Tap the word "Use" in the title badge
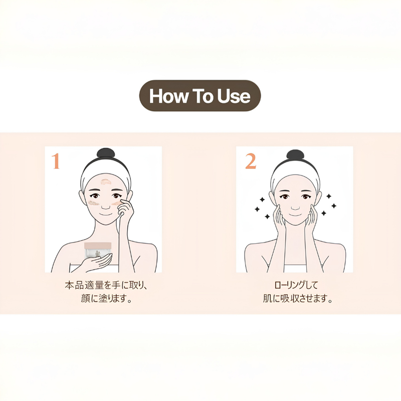coord(234,96)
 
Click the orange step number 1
coord(56,161)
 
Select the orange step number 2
coord(250,161)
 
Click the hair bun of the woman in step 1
coord(106,154)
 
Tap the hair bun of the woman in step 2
coord(295,155)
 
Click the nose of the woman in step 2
coord(295,206)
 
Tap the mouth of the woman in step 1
coord(106,214)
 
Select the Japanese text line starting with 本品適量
coord(106,285)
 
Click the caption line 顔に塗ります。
coord(106,298)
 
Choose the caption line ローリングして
coord(296,285)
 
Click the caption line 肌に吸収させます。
coord(298,298)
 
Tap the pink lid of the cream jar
coord(98,246)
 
